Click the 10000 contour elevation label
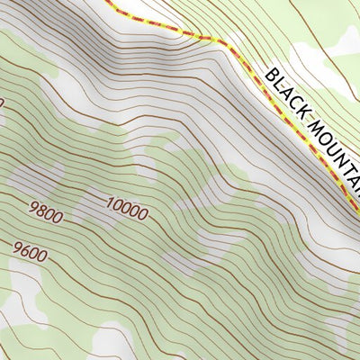point(126,210)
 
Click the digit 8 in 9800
point(40,214)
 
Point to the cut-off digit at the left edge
point(2,103)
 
